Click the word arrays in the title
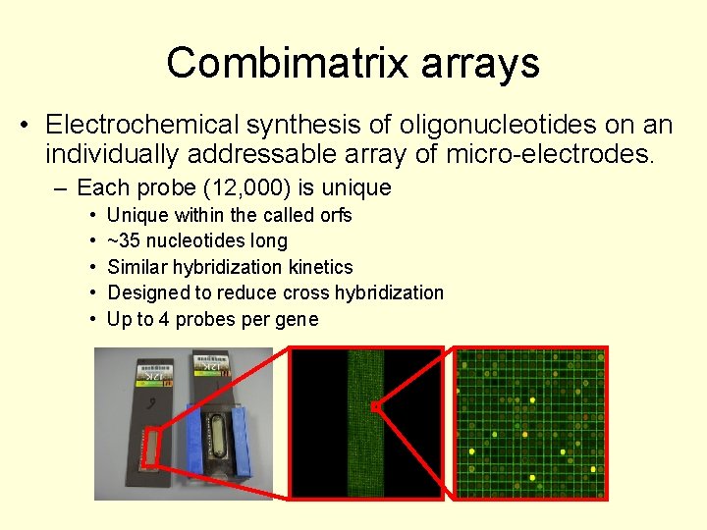[x=480, y=64]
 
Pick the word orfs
[x=335, y=215]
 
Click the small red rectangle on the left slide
[x=150, y=448]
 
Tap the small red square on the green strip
[x=374, y=404]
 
